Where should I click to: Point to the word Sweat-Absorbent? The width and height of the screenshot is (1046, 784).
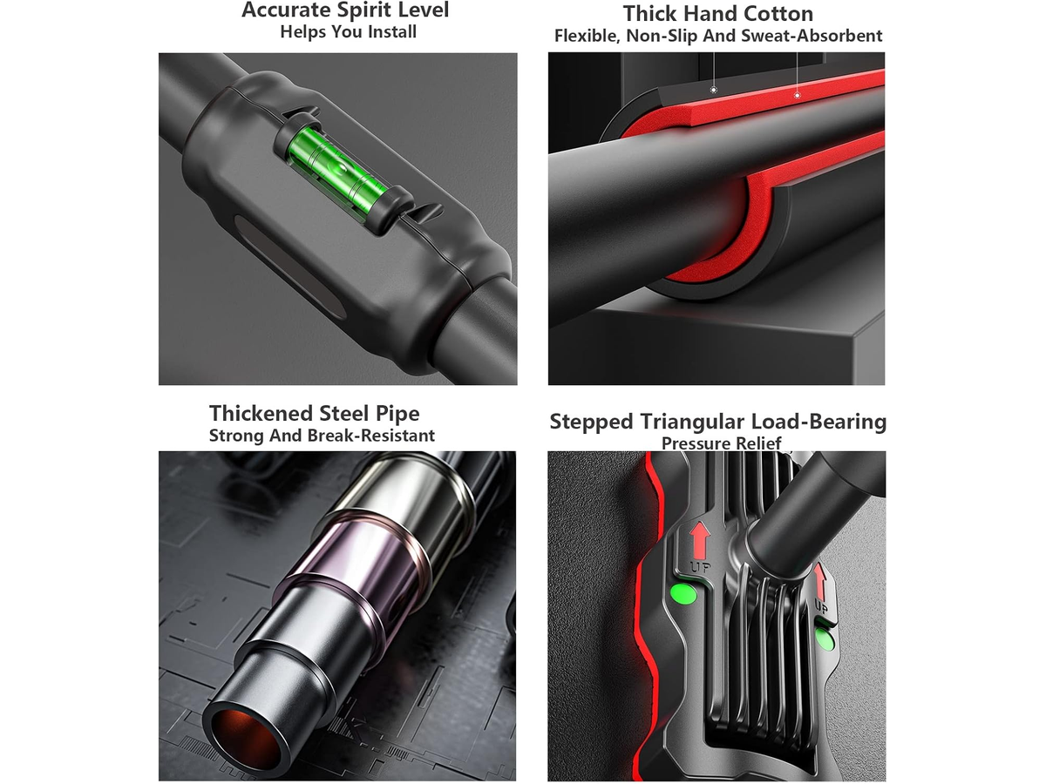pyautogui.click(x=812, y=37)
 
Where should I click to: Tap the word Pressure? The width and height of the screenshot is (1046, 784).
pyautogui.click(x=695, y=443)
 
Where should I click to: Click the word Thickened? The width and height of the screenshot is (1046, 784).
pyautogui.click(x=261, y=413)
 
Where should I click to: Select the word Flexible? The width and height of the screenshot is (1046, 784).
pyautogui.click(x=588, y=37)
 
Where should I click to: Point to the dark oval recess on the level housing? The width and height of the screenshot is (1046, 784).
pyautogui.click(x=289, y=266)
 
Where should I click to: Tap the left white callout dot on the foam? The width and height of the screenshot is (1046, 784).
pyautogui.click(x=713, y=90)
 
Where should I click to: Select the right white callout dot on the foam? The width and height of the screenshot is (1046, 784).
pyautogui.click(x=797, y=95)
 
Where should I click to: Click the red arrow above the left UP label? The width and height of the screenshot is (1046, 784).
pyautogui.click(x=700, y=540)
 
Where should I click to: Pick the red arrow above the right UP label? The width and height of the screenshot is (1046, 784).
pyautogui.click(x=820, y=582)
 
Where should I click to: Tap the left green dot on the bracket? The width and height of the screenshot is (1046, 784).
pyautogui.click(x=683, y=594)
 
